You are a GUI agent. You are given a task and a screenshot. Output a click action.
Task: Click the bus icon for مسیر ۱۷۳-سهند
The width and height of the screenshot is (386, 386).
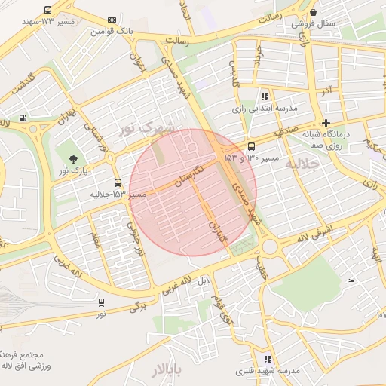[x=48, y=11]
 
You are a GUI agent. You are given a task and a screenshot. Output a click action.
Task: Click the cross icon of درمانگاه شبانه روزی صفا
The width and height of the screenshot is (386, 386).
[x=326, y=123]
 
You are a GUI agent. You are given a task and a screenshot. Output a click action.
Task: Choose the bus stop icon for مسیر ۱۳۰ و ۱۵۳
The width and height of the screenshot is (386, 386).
[x=251, y=146]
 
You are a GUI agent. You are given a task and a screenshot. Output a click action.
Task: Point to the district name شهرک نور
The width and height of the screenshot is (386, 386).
[x=146, y=128]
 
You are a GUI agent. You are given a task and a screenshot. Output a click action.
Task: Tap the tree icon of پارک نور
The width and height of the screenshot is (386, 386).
[x=73, y=158]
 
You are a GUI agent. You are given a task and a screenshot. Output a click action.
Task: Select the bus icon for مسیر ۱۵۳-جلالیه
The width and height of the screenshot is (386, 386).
[x=117, y=182]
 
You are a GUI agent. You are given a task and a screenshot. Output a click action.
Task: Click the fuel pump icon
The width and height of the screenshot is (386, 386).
[x=23, y=118]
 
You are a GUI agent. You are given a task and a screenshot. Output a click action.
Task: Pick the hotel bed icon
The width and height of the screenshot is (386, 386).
[x=351, y=281]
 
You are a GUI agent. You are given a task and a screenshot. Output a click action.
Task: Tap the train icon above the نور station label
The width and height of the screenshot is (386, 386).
[x=101, y=302]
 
